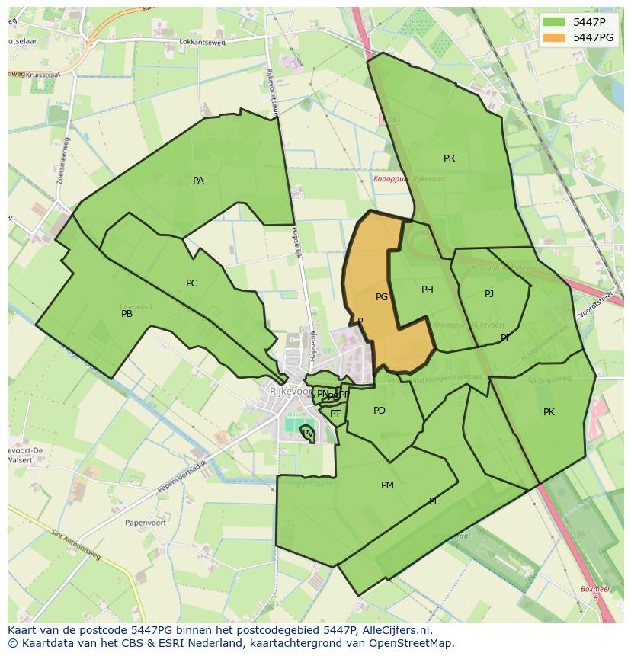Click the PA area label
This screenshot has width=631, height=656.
click(x=198, y=181)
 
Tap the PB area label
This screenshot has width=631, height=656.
click(x=127, y=313)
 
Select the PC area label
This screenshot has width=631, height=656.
click(x=191, y=283)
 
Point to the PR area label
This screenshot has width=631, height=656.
click(x=449, y=158)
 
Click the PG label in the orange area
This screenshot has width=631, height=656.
click(x=382, y=297)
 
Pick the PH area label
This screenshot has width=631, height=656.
click(x=427, y=290)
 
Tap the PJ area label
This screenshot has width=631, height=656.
click(x=488, y=294)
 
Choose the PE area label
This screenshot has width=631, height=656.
click(x=506, y=338)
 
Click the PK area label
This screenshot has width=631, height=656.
click(x=549, y=412)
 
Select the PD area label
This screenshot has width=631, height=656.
click(x=380, y=411)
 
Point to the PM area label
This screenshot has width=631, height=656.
click(x=387, y=485)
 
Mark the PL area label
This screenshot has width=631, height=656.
click(x=434, y=501)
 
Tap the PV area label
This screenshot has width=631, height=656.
click(x=307, y=433)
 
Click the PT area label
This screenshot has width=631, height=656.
click(x=335, y=414)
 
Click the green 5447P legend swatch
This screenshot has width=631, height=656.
click(x=555, y=22)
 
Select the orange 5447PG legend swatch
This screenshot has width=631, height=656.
click(x=555, y=37)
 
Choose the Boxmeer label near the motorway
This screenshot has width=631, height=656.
click(x=595, y=589)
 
